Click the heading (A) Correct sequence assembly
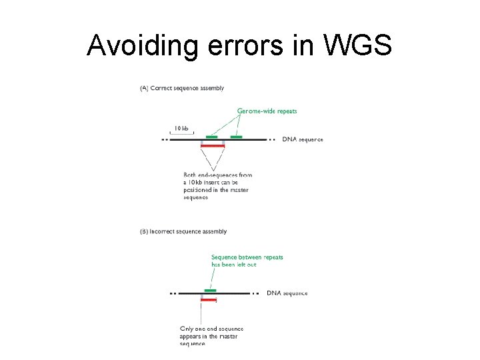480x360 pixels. (181, 88)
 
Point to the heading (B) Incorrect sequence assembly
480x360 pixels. (183, 231)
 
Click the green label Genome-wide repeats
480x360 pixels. (267, 111)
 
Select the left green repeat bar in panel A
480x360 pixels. (212, 136)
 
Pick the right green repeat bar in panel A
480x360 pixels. (236, 136)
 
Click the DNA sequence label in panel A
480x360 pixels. (303, 140)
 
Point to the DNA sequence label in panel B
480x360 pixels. (287, 293)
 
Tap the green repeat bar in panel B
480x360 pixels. (210, 290)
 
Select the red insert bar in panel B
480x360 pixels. (208, 299)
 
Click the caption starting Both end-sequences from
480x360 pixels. (217, 175)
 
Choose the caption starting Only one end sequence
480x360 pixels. (211, 329)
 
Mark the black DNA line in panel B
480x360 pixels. (233, 293)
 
